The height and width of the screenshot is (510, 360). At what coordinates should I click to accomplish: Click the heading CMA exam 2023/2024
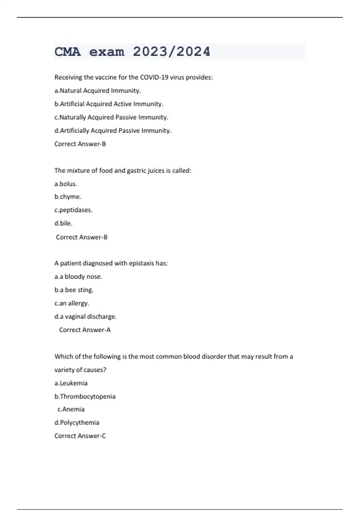click(132, 52)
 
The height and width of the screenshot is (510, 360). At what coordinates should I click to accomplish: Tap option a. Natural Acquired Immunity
click(97, 91)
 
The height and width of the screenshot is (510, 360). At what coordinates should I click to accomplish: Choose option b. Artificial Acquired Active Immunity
click(109, 104)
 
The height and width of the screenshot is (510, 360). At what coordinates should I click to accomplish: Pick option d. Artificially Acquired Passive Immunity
click(113, 130)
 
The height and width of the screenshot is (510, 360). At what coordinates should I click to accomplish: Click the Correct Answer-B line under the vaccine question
click(80, 144)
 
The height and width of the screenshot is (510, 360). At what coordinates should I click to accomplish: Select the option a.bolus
click(66, 184)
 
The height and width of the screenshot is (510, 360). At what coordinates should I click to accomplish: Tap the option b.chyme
click(68, 197)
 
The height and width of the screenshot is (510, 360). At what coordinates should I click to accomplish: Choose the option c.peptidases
click(73, 210)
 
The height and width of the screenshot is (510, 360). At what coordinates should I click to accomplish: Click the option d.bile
click(63, 223)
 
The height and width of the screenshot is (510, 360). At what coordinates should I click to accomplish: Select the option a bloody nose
click(78, 277)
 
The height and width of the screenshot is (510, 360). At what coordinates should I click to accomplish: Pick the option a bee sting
click(74, 290)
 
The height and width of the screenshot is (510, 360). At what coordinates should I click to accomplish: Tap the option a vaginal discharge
click(85, 316)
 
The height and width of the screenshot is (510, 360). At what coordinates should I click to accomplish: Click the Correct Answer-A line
click(85, 330)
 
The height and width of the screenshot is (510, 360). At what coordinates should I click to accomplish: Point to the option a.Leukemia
click(71, 383)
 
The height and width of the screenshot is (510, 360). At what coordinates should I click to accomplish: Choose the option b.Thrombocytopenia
click(85, 396)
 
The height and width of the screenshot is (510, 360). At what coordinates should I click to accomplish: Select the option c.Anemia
click(71, 409)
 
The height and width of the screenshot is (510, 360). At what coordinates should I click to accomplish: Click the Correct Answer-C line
click(80, 436)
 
